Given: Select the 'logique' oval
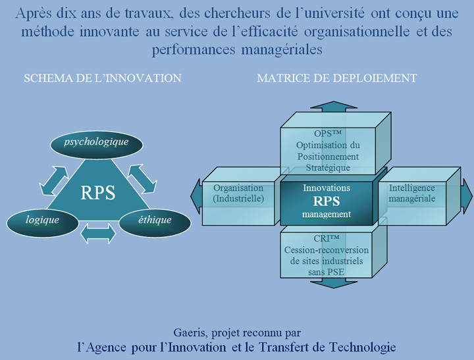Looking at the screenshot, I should pos(42,220).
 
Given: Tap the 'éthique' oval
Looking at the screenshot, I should pos(155,220).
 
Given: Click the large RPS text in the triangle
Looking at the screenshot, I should pos(97,193).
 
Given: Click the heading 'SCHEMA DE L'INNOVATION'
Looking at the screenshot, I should pos(102,78).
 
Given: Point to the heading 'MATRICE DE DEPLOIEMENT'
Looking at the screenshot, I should pos(336,78).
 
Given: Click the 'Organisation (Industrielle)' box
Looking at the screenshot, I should pos(238,193).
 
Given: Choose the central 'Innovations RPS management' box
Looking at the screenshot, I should pos(327,201).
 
